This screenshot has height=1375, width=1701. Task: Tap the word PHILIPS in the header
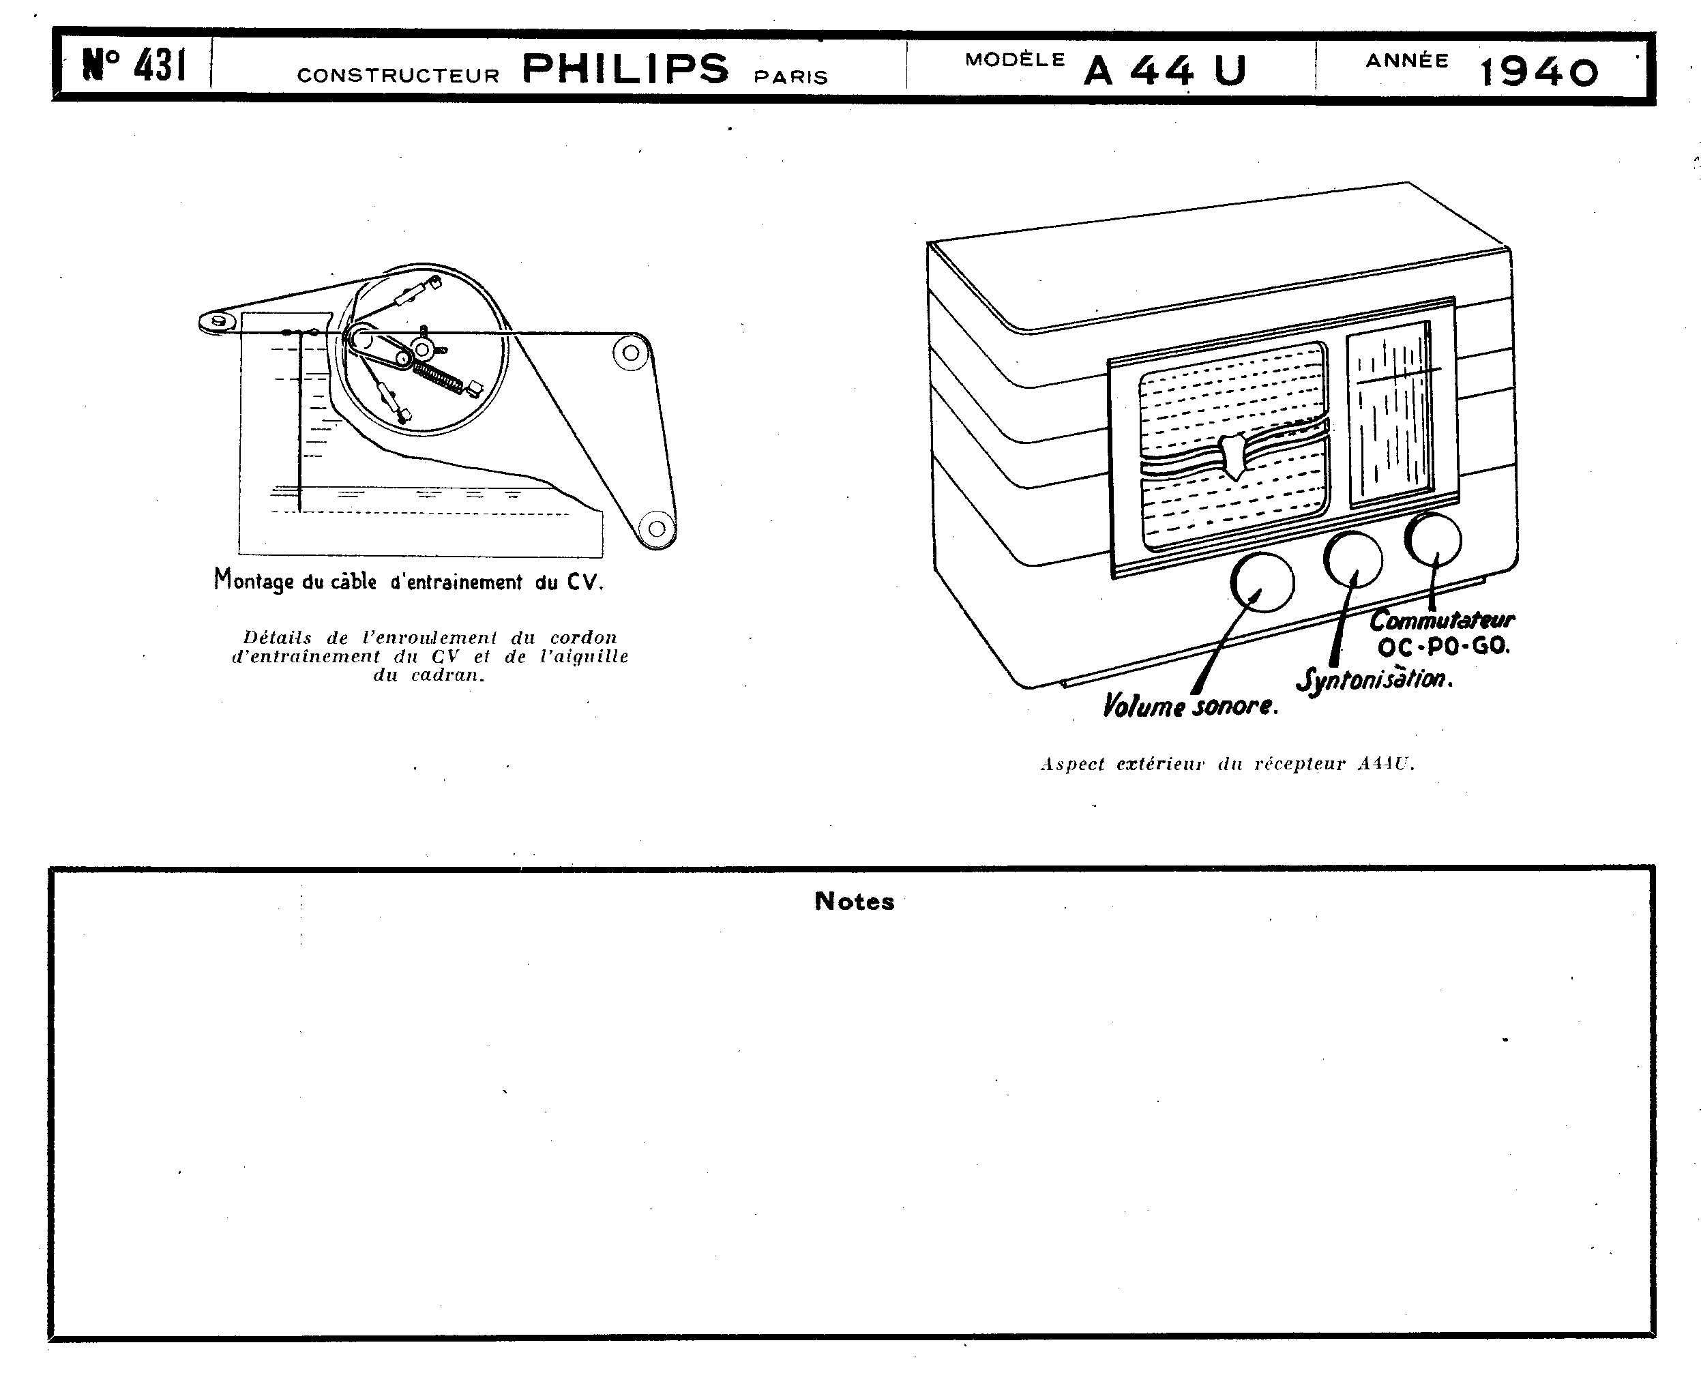(x=625, y=69)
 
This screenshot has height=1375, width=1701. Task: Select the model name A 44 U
(x=1165, y=70)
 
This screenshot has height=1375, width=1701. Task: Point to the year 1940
(x=1539, y=72)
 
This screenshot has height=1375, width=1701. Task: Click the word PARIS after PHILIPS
(x=790, y=78)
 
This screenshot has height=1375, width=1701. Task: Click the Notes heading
(x=855, y=902)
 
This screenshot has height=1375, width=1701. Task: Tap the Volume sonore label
(x=1189, y=706)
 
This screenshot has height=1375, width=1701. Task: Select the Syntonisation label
(x=1374, y=679)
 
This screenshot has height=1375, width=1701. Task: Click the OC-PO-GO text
(x=1443, y=647)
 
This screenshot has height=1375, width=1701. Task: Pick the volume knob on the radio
(x=1262, y=582)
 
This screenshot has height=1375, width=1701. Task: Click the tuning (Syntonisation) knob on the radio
(x=1353, y=559)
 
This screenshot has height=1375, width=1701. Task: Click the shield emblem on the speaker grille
(x=1234, y=456)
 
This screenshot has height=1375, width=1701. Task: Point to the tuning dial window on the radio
(x=1391, y=413)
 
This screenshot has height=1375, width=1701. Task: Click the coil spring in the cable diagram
(x=438, y=377)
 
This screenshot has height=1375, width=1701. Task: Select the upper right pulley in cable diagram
(x=631, y=353)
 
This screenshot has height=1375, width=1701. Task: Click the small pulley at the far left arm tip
(x=218, y=321)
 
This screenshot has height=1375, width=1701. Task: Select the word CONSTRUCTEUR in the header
(x=398, y=75)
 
